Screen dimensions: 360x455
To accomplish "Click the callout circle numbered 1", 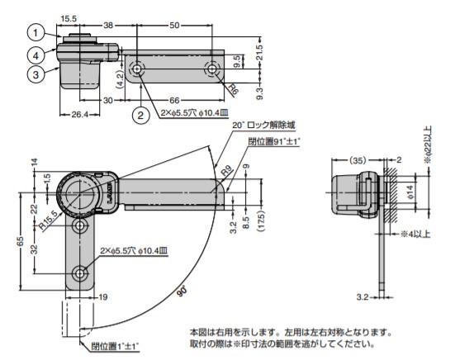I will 36,33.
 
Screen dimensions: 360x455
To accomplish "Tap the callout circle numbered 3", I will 36,74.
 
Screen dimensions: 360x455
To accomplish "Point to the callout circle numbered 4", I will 36,55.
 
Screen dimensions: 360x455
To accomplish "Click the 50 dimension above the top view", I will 174,26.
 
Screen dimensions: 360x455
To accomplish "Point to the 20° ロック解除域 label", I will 263,125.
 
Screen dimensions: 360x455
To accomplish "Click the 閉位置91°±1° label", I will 275,141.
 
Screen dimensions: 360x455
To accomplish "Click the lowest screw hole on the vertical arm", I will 81,273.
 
